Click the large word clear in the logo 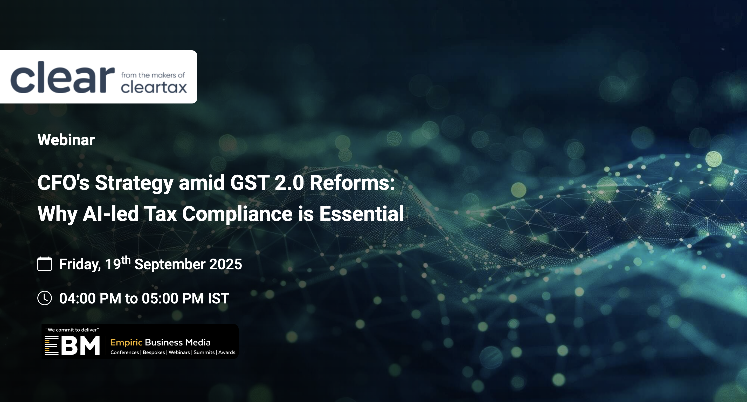click(63, 77)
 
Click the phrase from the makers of click(153, 75)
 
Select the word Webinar click(66, 140)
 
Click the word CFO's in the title click(64, 183)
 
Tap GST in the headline click(250, 183)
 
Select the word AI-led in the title click(111, 214)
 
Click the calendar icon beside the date click(45, 264)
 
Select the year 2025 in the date click(226, 264)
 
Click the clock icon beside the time click(45, 298)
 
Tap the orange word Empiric click(126, 343)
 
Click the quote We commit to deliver click(72, 330)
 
